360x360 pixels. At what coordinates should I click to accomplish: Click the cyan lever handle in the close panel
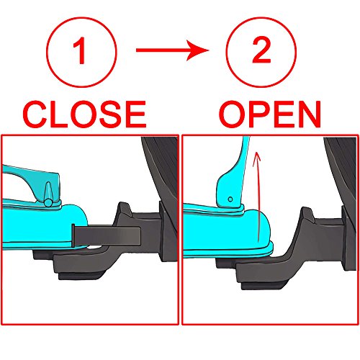coord(29,176)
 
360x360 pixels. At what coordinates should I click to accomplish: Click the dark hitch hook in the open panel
coord(295,230)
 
